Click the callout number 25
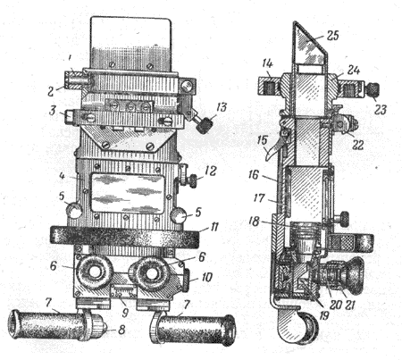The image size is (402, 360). tap(332, 36)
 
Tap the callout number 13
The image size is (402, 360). tap(222, 107)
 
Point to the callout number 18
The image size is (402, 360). tap(255, 222)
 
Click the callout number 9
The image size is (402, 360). tap(125, 312)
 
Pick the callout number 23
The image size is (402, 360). tap(381, 110)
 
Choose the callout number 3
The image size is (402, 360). tap(52, 111)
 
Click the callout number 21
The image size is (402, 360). tap(349, 306)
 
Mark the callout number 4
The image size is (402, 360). tap(62, 176)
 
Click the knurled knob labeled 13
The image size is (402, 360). tap(204, 125)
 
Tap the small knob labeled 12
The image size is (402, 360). tap(193, 180)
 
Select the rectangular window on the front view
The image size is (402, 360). tap(128, 193)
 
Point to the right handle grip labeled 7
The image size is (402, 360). tap(195, 330)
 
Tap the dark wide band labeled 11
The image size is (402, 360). tap(124, 237)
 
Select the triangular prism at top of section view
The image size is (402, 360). tap(309, 45)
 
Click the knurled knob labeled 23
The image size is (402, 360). tap(373, 90)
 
